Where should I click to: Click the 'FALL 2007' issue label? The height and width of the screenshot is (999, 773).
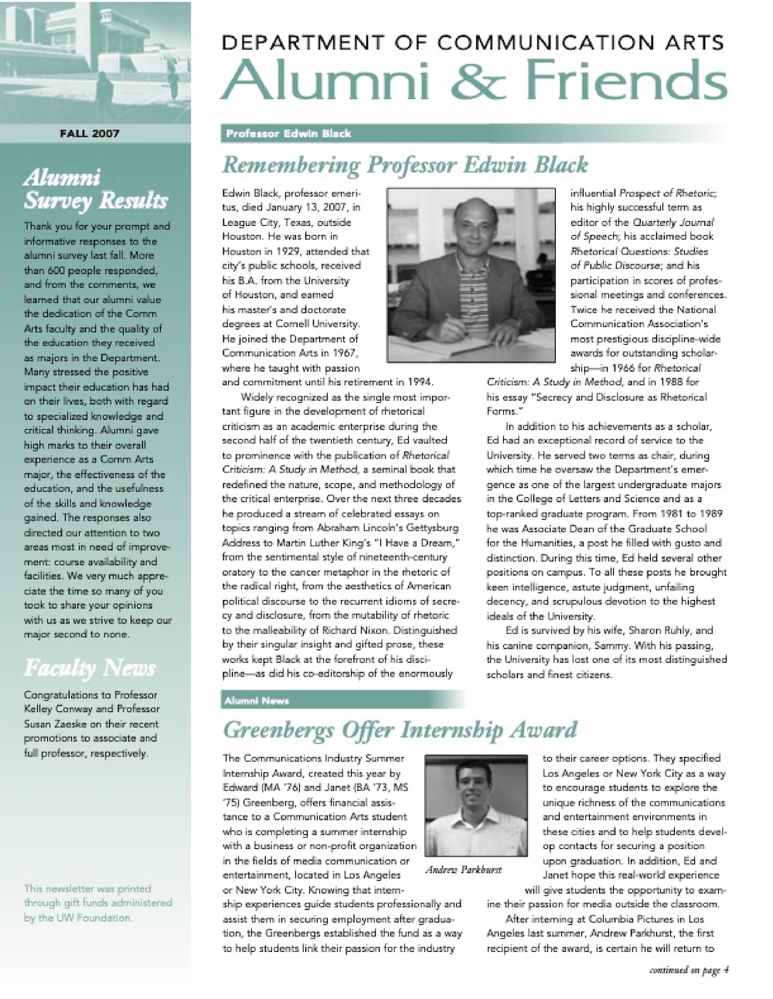90,133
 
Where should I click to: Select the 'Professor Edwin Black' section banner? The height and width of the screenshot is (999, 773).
288,134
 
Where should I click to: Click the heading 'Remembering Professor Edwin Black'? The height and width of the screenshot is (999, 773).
404,165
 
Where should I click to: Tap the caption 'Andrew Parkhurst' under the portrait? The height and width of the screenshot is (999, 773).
463,870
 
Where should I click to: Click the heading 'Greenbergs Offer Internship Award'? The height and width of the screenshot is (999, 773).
399,729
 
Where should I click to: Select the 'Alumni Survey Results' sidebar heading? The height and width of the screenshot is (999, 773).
96,189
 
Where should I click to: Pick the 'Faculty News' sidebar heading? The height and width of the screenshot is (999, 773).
90,667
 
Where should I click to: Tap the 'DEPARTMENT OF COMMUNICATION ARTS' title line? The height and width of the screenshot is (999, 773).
472,43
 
